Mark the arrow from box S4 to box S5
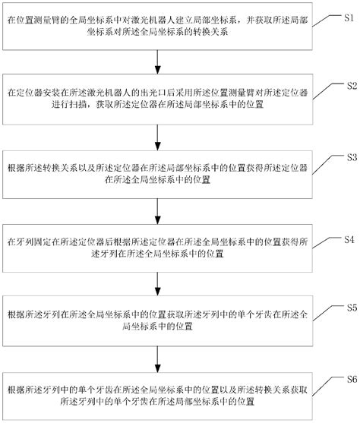158,280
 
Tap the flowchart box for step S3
158,171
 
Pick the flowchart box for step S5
158,318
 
